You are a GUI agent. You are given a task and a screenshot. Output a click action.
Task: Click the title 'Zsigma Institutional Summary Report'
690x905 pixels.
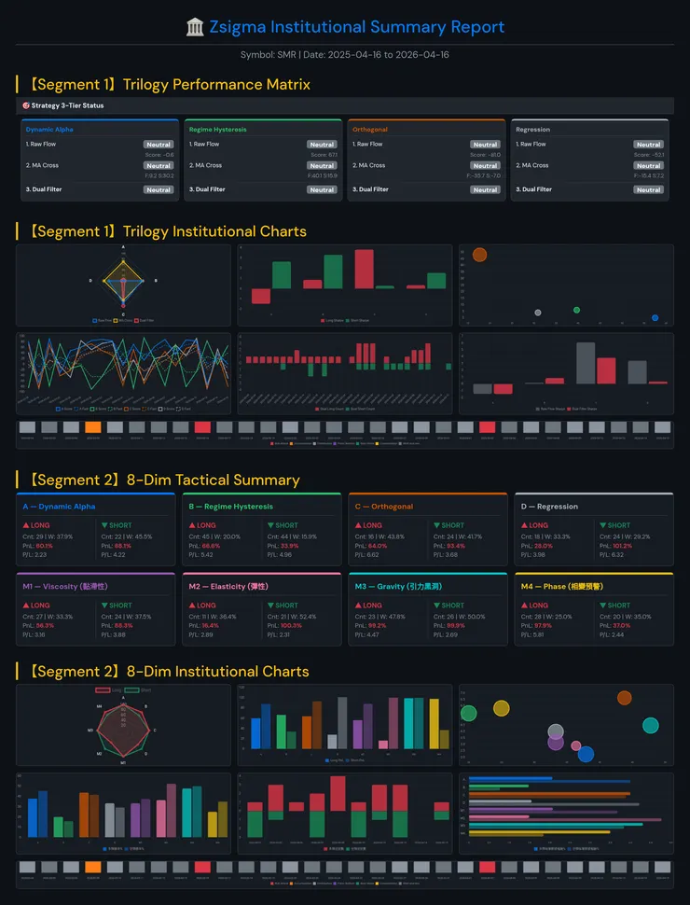coord(356,27)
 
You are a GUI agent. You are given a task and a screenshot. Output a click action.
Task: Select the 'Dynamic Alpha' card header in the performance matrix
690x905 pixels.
coord(49,130)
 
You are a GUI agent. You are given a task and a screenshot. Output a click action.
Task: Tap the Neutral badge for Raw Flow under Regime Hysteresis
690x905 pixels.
coord(322,145)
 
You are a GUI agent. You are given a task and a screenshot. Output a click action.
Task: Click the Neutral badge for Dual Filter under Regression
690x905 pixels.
coord(648,189)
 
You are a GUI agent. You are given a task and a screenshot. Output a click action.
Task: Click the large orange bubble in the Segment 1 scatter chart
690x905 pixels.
coord(479,255)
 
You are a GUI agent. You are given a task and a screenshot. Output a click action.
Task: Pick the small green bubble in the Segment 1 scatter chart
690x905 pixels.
coord(576,310)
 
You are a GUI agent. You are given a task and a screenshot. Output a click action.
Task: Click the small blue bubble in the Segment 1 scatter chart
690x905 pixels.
coord(655,318)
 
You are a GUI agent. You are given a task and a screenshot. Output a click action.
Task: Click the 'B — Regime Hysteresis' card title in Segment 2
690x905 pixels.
coord(230,507)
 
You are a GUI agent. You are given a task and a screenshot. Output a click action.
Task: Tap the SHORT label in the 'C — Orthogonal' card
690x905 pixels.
coord(452,525)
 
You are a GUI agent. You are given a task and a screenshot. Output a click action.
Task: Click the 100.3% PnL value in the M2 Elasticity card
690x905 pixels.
coord(291,625)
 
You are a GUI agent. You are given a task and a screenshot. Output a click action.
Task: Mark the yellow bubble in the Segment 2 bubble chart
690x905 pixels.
coord(501,708)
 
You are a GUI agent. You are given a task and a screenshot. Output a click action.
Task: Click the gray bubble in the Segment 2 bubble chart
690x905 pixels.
coord(556,731)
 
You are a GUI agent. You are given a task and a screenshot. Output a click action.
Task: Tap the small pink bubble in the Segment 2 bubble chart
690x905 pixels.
coord(575,745)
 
